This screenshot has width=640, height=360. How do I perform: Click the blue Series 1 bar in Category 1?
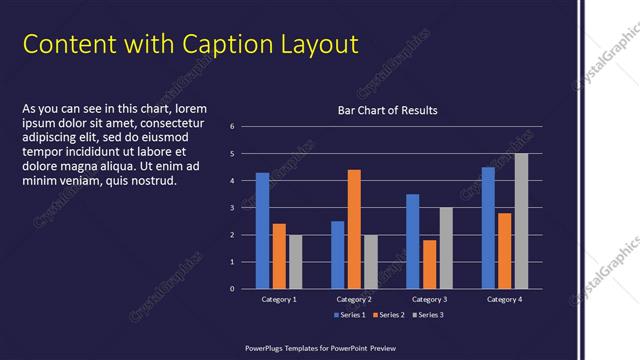pyautogui.click(x=262, y=231)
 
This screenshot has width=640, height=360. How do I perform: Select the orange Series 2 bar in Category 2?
pyautogui.click(x=354, y=229)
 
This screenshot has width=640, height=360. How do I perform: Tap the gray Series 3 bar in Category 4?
pyautogui.click(x=521, y=221)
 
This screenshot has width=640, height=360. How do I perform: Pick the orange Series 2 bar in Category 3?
pyautogui.click(x=430, y=264)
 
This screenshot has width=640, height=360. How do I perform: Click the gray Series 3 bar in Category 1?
pyautogui.click(x=295, y=262)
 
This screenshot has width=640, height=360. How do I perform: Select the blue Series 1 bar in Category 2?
pyautogui.click(x=338, y=255)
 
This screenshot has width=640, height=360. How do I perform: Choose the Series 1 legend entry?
pyautogui.click(x=349, y=315)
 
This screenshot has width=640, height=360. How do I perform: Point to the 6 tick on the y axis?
pyautogui.click(x=232, y=127)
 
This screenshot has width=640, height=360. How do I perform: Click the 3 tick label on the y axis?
pyautogui.click(x=232, y=208)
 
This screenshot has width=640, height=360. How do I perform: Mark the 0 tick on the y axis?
pyautogui.click(x=232, y=289)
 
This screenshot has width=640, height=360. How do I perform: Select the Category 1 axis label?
pyautogui.click(x=279, y=299)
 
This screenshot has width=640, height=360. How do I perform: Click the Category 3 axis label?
pyautogui.click(x=430, y=299)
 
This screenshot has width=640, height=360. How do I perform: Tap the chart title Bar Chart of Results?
pyautogui.click(x=387, y=110)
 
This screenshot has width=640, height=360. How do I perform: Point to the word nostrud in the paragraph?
pyautogui.click(x=153, y=181)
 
